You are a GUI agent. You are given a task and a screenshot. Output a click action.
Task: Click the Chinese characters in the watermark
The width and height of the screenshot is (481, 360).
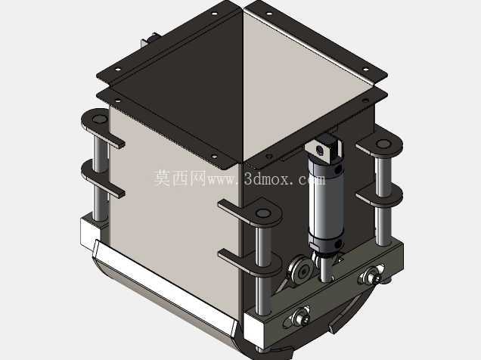[180, 178]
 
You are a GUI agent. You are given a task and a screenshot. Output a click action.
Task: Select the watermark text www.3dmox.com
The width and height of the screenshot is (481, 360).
[266, 178]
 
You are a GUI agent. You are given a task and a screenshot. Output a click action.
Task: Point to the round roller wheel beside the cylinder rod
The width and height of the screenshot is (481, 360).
[301, 270]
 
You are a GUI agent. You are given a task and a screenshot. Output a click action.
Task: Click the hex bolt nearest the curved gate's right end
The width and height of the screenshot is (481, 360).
[371, 275]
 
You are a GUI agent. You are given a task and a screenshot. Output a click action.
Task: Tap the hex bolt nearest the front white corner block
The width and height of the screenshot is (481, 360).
[302, 316]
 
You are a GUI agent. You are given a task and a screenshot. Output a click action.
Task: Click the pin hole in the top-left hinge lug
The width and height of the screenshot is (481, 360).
[98, 119]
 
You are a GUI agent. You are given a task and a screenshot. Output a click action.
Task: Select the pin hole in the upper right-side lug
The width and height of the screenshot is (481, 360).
[383, 144]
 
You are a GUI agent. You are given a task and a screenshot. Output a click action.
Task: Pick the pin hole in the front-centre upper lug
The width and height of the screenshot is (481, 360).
[263, 213]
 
